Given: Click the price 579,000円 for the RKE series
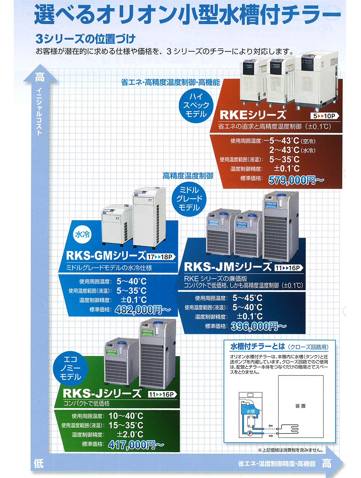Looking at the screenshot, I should click(296, 180).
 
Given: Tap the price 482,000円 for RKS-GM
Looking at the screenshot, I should click(143, 309).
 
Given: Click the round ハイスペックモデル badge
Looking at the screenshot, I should click(196, 105).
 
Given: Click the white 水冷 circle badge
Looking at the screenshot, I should click(82, 235).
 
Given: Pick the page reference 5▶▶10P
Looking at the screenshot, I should click(324, 116).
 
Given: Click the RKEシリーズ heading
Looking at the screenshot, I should click(253, 115).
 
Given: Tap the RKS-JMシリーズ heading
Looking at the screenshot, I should click(227, 267).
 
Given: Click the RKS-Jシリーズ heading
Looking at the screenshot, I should click(102, 393).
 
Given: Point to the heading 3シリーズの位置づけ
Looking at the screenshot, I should click(86, 38).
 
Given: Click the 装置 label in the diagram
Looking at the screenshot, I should click(300, 406).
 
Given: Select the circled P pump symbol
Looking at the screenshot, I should click(250, 433).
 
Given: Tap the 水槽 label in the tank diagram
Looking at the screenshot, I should click(250, 411).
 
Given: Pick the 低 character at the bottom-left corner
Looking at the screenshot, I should click(39, 463).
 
